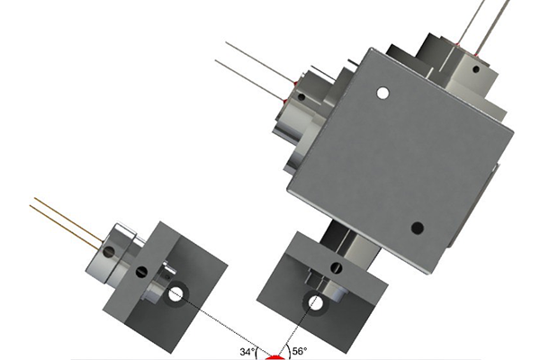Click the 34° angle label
click(247, 352)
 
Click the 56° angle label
click(300, 351)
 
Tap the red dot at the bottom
click(275, 357)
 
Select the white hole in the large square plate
click(382, 93)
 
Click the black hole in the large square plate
click(418, 228)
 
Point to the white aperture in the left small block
click(175, 294)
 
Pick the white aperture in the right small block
click(317, 303)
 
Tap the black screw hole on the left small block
click(141, 272)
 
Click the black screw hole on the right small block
click(336, 267)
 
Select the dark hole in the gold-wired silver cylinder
click(110, 253)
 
